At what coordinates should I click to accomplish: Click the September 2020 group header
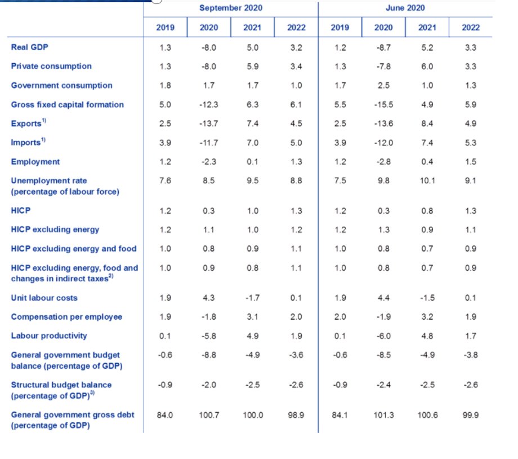point(231,8)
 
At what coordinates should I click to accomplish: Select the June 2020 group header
point(405,8)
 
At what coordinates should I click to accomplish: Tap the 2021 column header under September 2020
point(252,28)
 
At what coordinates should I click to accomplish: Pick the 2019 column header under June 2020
point(340,28)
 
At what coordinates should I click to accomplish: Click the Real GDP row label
point(30,47)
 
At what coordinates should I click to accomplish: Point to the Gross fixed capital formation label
point(68,105)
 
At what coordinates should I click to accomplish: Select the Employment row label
point(35,162)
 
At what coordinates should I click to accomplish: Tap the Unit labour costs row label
point(44,298)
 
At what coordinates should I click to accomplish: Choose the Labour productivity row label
point(49,336)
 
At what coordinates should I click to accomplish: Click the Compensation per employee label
point(67,317)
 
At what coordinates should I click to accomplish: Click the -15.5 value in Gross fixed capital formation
point(383,105)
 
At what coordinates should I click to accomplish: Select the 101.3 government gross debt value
point(383,415)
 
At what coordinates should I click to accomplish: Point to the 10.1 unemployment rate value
point(427,180)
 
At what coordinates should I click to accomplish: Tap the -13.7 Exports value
point(208,123)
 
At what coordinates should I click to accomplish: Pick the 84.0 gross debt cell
point(165,415)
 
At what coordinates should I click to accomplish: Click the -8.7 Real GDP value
point(383,48)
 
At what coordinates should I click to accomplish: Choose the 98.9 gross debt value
point(296,415)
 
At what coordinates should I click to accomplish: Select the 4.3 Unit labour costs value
point(208,298)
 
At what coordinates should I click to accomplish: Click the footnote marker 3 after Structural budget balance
point(92,393)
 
